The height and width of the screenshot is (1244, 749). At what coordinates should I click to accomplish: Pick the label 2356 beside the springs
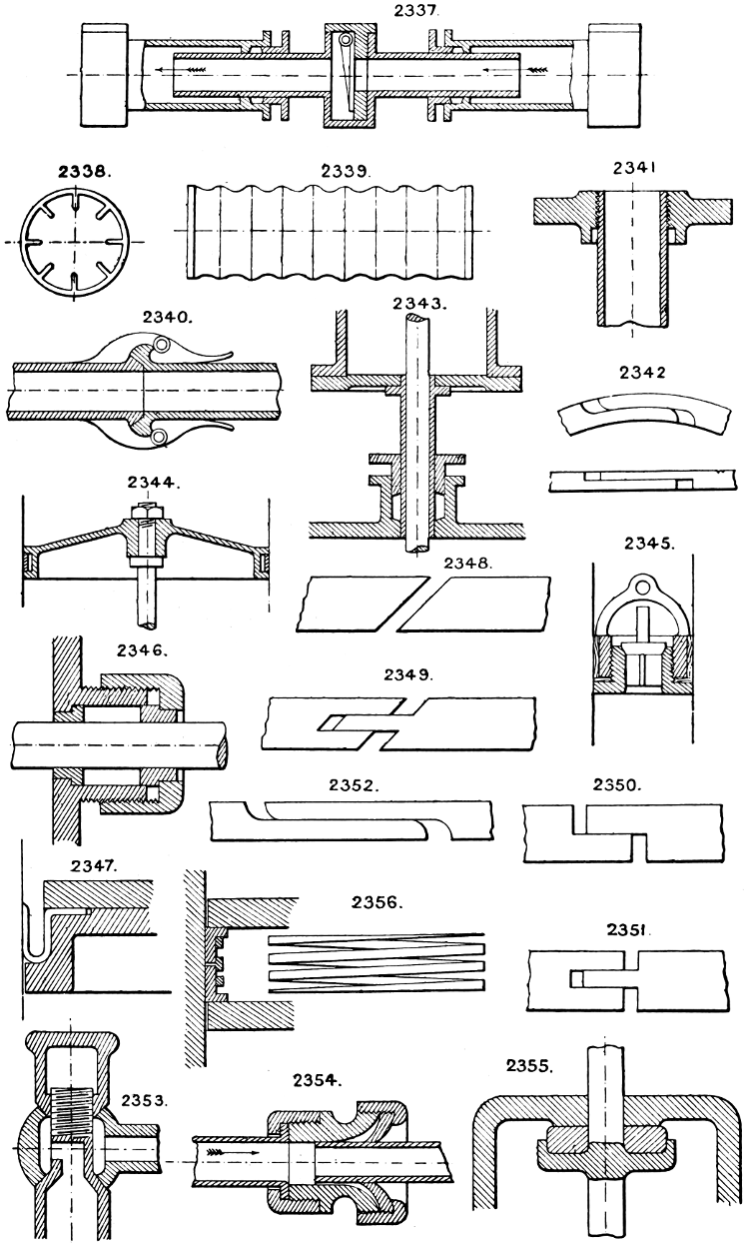point(376,902)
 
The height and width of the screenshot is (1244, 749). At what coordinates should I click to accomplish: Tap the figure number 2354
point(318,1079)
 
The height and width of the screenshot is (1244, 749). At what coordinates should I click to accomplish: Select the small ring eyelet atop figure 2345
point(640,587)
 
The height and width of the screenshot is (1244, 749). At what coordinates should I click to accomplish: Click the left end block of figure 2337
point(104,75)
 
